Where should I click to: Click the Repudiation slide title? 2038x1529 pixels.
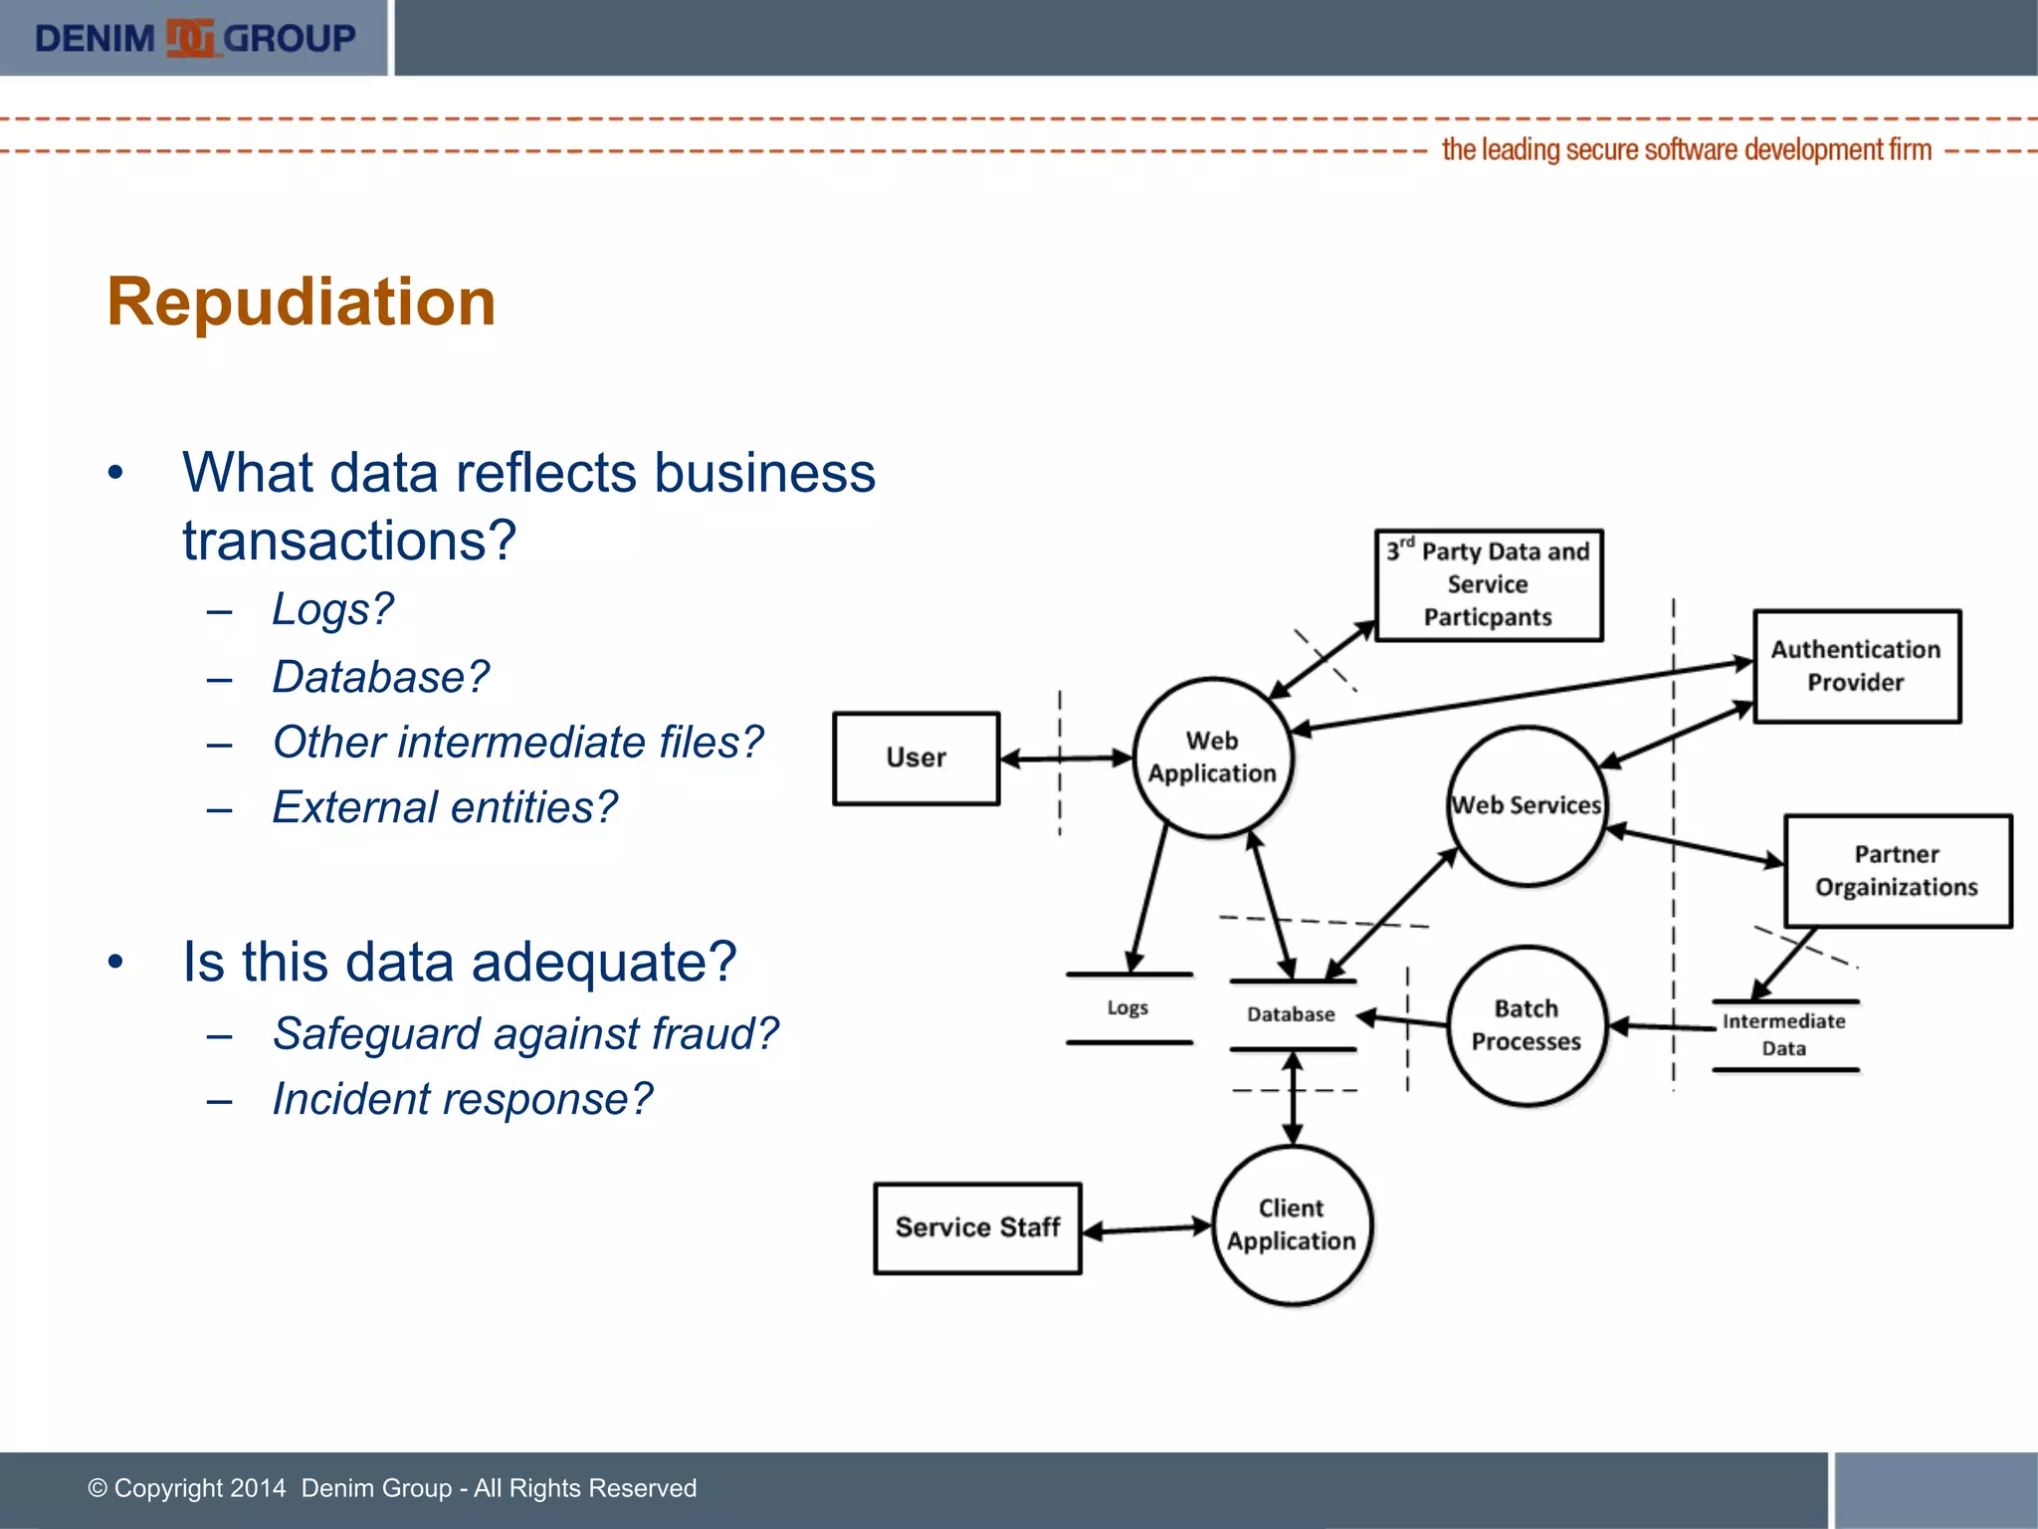pos(302,302)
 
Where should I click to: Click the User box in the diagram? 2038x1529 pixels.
pos(916,758)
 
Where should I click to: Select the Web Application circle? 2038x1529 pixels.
pos(1212,758)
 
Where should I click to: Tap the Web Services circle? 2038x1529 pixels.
pos(1526,805)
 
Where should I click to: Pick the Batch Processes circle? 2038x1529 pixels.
pos(1526,1025)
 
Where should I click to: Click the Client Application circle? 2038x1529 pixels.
pos(1291,1224)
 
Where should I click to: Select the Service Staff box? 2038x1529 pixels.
pos(977,1227)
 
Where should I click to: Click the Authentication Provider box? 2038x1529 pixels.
pos(1856,666)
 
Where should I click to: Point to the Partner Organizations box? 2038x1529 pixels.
pos(1897,871)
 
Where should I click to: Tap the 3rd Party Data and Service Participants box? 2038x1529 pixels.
pos(1488,584)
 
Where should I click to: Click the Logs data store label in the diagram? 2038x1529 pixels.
pos(1127,1008)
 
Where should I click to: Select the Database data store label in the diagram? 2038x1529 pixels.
pos(1291,1014)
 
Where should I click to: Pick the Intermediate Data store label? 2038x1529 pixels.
pos(1783,1034)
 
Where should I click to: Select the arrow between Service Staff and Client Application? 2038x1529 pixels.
pos(1146,1230)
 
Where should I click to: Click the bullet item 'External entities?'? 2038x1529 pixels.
pos(445,807)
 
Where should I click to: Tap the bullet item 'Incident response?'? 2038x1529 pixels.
pos(463,1099)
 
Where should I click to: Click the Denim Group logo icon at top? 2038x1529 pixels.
pos(190,39)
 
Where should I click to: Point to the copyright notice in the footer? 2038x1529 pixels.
pos(392,1488)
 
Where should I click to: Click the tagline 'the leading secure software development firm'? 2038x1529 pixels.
pos(1686,150)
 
